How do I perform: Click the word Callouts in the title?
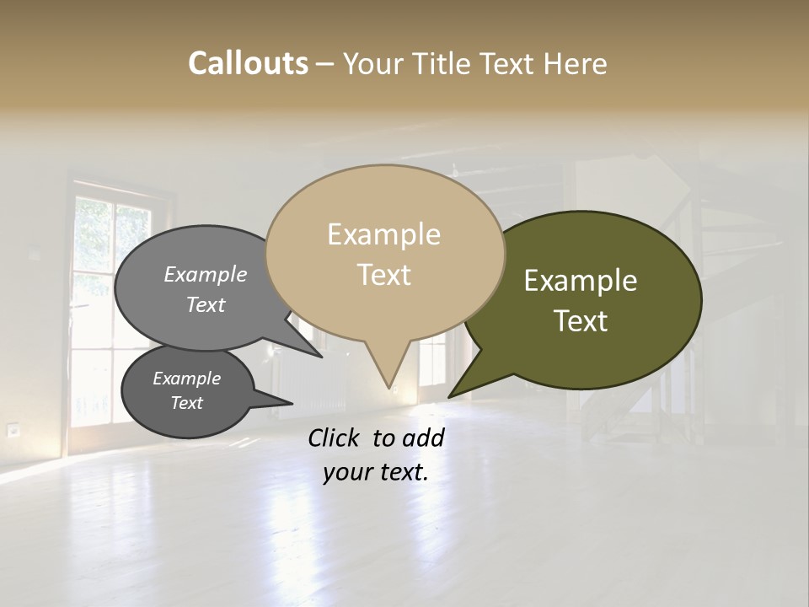pos(248,63)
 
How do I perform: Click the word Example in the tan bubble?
pos(383,234)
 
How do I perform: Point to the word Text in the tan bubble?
pos(384,275)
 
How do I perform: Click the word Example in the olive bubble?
pos(580,281)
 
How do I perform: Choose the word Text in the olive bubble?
pos(581,321)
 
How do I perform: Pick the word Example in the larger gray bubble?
pos(205,275)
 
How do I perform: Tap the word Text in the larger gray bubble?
pos(206,305)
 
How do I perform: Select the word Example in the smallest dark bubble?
pos(186,379)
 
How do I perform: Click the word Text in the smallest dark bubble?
pos(187,403)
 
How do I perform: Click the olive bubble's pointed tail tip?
pos(449,396)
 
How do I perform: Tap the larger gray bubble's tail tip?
pos(321,357)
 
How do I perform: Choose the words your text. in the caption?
pos(376,473)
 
